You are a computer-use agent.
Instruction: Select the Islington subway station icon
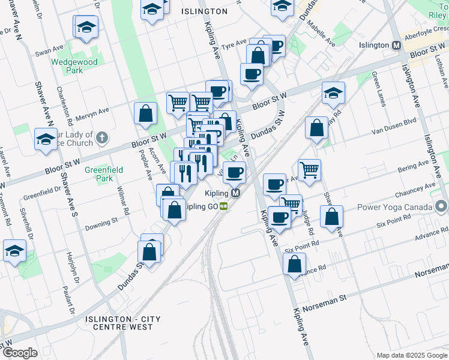pos(396,46)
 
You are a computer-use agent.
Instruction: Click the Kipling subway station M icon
pos(236,193)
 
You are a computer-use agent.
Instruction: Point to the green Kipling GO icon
pos(223,206)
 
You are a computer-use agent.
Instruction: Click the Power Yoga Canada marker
pos(442,208)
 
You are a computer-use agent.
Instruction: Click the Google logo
pos(19,353)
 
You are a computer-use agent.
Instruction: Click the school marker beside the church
pos(46,139)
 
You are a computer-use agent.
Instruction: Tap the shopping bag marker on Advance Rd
pos(294,263)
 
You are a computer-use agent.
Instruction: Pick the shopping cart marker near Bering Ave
pos(309,170)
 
